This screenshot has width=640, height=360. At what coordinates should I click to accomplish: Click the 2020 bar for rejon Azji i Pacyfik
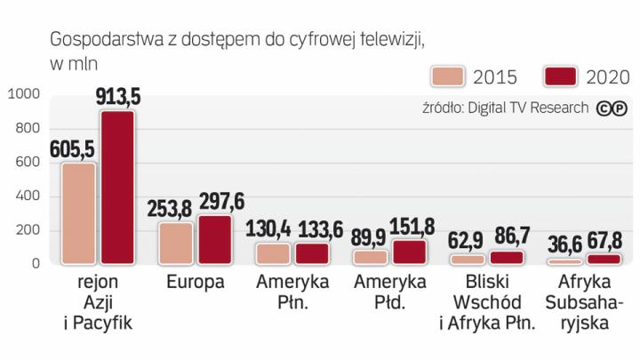click(117, 188)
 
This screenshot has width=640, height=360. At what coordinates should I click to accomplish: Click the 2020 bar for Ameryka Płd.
click(409, 252)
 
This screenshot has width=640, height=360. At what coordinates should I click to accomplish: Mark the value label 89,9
click(370, 236)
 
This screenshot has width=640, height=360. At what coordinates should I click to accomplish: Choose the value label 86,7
click(509, 237)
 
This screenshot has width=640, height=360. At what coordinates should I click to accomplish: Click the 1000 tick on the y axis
click(23, 94)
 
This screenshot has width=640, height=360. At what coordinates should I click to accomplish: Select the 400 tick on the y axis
click(28, 196)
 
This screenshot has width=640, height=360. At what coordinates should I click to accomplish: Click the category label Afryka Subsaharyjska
click(585, 303)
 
